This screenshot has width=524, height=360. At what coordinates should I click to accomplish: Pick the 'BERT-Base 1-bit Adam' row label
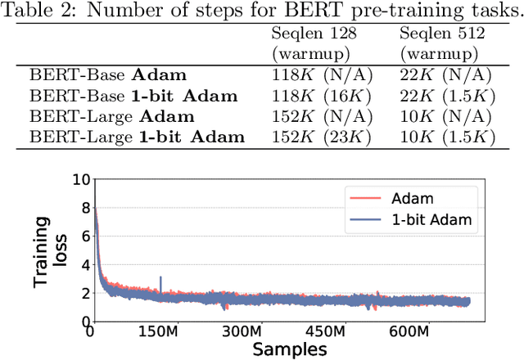pyautogui.click(x=134, y=95)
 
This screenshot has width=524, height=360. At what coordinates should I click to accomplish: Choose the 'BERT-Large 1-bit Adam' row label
pyautogui.click(x=138, y=136)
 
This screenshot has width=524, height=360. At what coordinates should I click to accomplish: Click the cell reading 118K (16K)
pyautogui.click(x=322, y=95)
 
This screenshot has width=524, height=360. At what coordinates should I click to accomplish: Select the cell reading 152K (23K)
pyautogui.click(x=322, y=136)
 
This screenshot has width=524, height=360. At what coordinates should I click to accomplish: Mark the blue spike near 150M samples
pyautogui.click(x=160, y=281)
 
